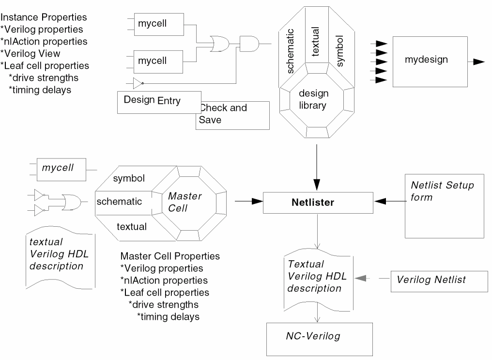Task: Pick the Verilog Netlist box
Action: [x=439, y=280]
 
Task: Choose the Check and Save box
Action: [x=232, y=115]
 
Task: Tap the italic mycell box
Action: [x=61, y=169]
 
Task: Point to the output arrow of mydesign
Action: [x=479, y=62]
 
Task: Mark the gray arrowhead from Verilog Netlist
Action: [x=360, y=279]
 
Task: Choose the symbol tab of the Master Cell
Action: [x=129, y=178]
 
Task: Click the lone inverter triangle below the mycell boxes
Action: [x=138, y=83]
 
